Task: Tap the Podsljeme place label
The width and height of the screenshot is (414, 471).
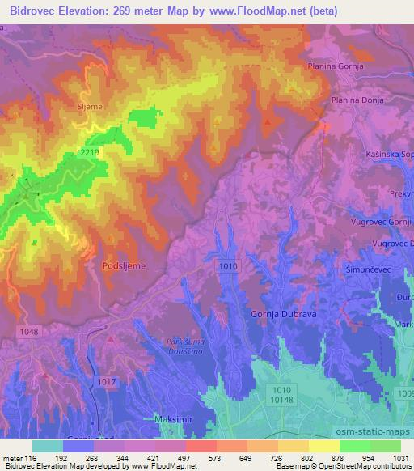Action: tap(123, 265)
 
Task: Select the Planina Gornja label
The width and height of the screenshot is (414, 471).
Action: tap(336, 67)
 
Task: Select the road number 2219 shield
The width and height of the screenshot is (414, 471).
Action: tap(91, 153)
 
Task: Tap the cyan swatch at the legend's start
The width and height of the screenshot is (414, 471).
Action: tap(48, 446)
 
